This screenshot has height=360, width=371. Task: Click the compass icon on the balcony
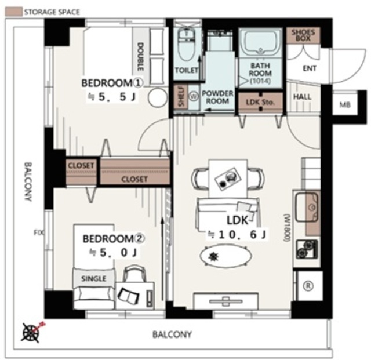click(31, 332)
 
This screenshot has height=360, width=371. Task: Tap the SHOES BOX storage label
click(303, 35)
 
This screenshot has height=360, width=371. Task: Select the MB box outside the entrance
click(345, 104)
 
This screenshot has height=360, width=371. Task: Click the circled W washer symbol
click(194, 96)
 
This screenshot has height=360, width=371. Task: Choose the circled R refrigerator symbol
click(308, 286)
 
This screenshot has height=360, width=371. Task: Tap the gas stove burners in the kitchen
click(307, 249)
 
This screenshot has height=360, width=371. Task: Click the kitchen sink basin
click(307, 207)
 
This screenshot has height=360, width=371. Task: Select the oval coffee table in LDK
click(225, 256)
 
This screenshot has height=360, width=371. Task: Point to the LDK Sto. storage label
click(260, 102)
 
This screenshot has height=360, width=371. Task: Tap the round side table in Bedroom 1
click(157, 97)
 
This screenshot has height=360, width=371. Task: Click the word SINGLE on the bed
click(94, 279)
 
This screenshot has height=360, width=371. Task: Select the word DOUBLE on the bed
click(140, 57)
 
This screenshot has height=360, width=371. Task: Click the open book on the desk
click(128, 295)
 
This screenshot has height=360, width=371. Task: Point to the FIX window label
click(39, 232)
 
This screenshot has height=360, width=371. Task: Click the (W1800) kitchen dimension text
click(288, 228)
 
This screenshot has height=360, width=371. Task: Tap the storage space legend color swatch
click(14, 12)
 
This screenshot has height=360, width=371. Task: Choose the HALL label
click(302, 97)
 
